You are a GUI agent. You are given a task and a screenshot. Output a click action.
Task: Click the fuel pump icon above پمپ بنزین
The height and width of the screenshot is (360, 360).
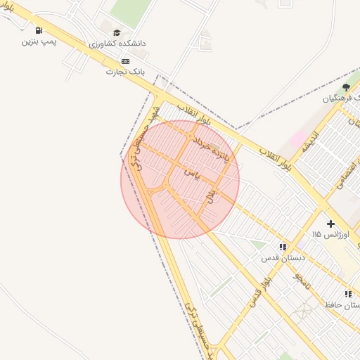pyautogui.click(x=38, y=30)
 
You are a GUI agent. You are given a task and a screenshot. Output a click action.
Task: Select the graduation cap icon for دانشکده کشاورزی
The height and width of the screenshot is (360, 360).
pyautogui.click(x=117, y=32)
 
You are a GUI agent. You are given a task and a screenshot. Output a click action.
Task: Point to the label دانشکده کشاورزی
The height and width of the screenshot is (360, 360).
pyautogui.click(x=118, y=44)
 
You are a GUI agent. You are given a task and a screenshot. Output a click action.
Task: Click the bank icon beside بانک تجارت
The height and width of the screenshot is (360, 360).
pyautogui.click(x=126, y=61)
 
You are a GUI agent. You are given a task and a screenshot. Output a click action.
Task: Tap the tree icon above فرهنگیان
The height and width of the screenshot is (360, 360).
pyautogui.click(x=345, y=87)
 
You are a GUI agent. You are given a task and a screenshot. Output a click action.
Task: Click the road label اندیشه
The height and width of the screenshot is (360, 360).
pyautogui.click(x=310, y=145)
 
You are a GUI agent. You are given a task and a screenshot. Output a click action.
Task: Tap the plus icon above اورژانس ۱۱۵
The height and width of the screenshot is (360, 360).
pyautogui.click(x=330, y=223)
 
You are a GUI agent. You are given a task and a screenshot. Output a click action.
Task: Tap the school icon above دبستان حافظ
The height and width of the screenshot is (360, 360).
pyautogui.click(x=347, y=295)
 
